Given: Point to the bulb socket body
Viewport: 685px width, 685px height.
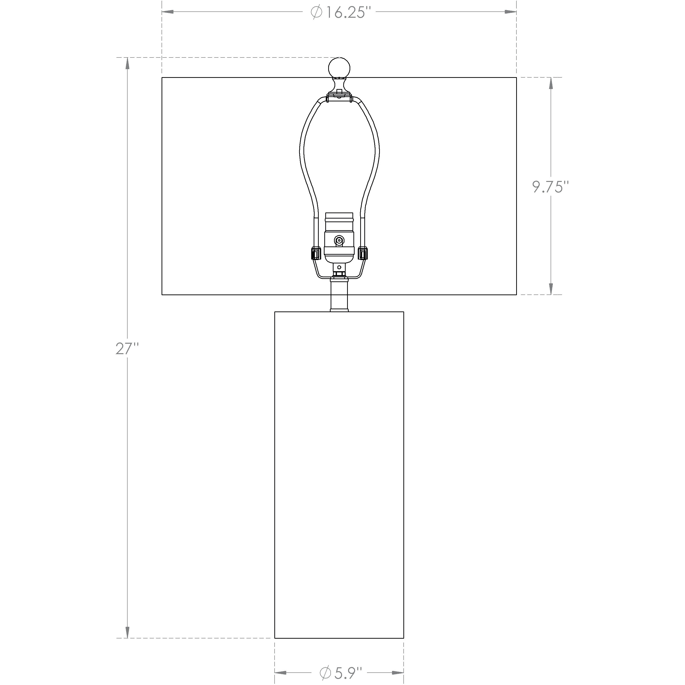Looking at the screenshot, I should (x=339, y=237).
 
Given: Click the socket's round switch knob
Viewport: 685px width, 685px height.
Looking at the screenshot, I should (x=339, y=241).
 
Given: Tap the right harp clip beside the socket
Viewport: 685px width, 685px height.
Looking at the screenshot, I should (x=363, y=253).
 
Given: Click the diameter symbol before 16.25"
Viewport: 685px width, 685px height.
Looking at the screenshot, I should (x=316, y=13).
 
